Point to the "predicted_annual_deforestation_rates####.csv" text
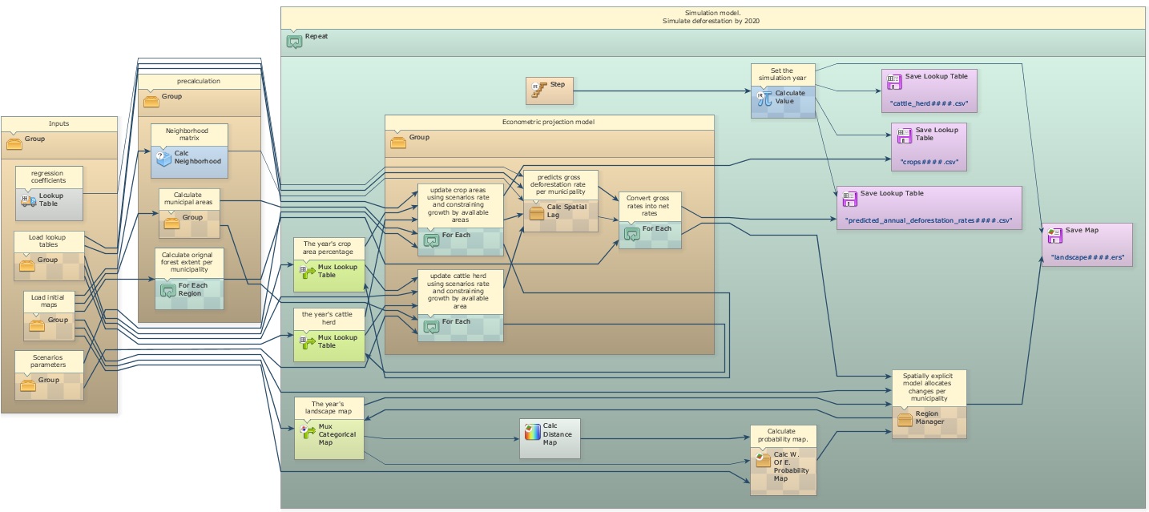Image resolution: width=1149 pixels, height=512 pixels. click(x=929, y=220)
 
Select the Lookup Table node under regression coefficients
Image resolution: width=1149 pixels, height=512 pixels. click(x=50, y=204)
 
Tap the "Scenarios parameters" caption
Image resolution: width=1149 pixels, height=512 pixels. click(x=48, y=361)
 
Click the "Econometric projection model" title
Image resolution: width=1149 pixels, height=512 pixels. click(x=549, y=122)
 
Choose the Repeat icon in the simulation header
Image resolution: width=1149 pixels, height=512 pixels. click(x=294, y=41)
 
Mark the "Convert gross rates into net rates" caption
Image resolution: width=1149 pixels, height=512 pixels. click(x=649, y=206)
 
